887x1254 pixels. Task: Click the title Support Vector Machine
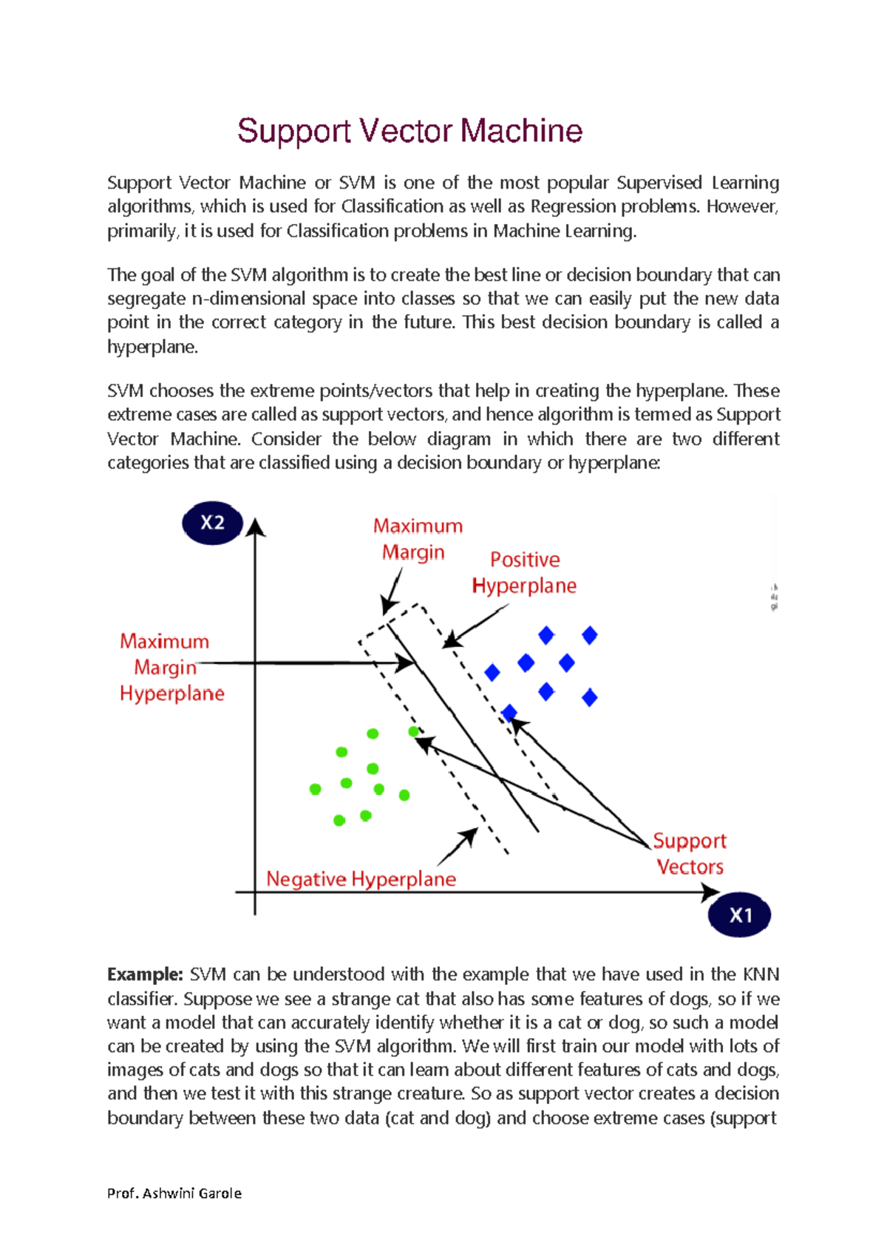click(x=409, y=131)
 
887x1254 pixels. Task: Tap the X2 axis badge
click(x=212, y=523)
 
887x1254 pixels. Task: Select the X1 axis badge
click(x=740, y=915)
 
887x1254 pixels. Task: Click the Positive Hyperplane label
click(x=524, y=573)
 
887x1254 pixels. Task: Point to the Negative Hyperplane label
click(x=361, y=879)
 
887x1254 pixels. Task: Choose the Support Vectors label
click(x=690, y=854)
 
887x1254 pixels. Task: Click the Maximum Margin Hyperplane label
click(x=171, y=668)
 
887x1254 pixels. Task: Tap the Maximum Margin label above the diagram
click(x=417, y=539)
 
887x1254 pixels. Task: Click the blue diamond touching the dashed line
click(x=509, y=713)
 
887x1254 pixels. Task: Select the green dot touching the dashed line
click(x=413, y=731)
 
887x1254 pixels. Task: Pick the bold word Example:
click(x=145, y=975)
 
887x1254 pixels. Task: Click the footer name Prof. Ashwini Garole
click(x=174, y=1193)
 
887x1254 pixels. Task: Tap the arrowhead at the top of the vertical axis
click(x=255, y=527)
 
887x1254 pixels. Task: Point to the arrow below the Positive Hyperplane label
click(x=475, y=626)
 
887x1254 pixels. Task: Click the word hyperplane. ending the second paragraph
click(x=152, y=347)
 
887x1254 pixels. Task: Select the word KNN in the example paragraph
click(x=761, y=975)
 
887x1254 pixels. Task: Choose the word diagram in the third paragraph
click(x=458, y=439)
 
